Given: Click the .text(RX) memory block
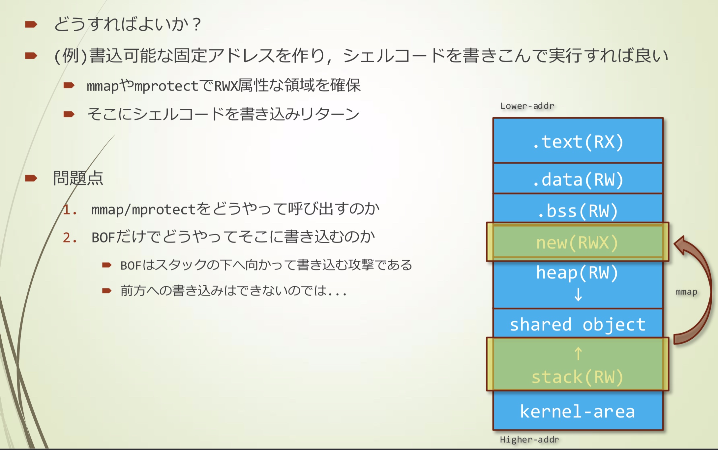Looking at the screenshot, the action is click(578, 141).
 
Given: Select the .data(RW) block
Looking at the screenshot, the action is click(578, 178).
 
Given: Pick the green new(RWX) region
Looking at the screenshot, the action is click(578, 242).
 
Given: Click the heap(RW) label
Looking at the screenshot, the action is click(577, 273).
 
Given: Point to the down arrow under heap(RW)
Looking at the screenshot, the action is click(578, 294).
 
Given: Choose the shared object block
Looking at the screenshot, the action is click(578, 323).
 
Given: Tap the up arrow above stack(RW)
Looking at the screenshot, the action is click(578, 354).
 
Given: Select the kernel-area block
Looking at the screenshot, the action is click(578, 410).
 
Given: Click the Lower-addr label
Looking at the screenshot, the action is click(527, 106).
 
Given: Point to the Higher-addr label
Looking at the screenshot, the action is click(529, 440).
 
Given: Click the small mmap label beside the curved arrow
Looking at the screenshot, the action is click(686, 292).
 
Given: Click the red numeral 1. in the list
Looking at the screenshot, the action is click(70, 210).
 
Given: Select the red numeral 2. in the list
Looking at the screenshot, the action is click(70, 238).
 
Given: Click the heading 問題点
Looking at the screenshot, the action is click(78, 178).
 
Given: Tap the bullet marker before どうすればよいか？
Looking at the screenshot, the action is click(31, 24).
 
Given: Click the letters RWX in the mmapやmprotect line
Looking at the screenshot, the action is click(226, 86).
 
